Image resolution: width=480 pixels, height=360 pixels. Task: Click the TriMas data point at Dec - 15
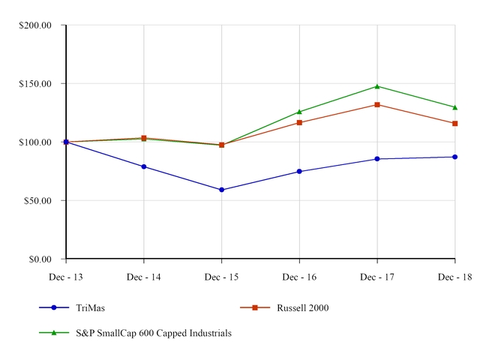point(221,190)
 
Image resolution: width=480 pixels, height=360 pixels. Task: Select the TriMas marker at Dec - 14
point(144,166)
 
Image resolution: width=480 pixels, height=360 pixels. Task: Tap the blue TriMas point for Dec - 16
point(299,172)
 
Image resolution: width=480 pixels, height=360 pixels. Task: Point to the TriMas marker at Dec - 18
point(454,157)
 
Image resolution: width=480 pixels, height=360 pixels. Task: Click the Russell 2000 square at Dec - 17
point(377,105)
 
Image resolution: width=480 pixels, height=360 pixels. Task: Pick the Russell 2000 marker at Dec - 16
point(299,122)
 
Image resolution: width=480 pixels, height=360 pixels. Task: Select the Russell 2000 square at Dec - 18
point(454,123)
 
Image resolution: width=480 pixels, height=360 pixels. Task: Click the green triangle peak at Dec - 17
point(377,86)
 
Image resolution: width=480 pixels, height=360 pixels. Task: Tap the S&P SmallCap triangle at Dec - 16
point(299,112)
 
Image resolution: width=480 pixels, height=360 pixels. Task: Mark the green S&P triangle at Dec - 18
point(454,107)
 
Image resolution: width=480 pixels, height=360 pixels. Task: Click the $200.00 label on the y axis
point(35,25)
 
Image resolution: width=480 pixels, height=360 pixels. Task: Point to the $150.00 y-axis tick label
point(35,84)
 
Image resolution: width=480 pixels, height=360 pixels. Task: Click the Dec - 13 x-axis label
point(66,277)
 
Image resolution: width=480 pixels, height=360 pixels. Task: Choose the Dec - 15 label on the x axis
point(221,277)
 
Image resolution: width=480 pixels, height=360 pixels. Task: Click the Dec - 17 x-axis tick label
point(377,277)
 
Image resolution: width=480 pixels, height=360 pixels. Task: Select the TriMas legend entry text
point(90,307)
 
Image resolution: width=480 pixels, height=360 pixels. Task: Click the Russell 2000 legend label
point(303,307)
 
